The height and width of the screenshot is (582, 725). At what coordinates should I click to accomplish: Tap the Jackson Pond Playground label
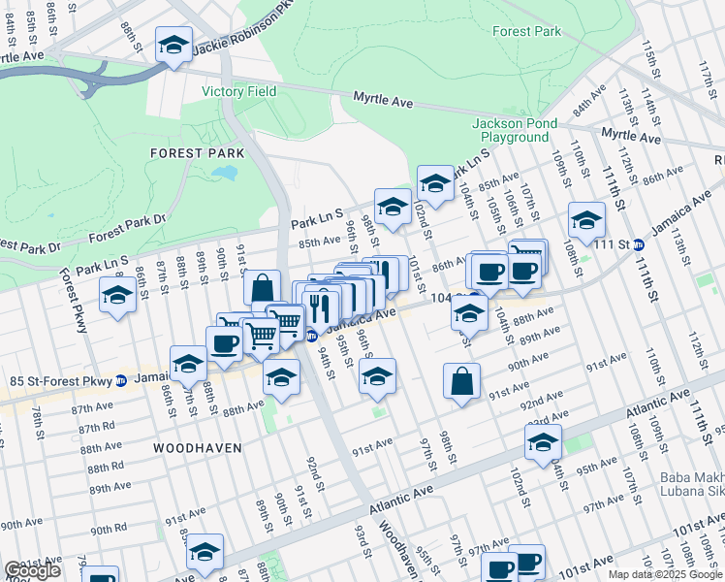[x=515, y=131]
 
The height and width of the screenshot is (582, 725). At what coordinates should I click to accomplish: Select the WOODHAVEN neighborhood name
[x=197, y=448]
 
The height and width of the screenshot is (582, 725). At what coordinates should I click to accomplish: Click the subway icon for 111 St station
[x=639, y=244]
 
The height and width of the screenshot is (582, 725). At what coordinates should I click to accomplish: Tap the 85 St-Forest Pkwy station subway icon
[x=120, y=379]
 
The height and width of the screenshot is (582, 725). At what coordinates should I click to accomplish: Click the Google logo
[x=32, y=570]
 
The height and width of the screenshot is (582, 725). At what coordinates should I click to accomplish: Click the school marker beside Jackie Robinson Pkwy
[x=174, y=47]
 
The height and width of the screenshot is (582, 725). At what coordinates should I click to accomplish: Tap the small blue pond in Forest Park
[x=225, y=174]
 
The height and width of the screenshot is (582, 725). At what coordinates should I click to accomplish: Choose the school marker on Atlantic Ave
[x=544, y=442]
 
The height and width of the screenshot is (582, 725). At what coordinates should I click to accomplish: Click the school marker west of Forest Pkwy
[x=118, y=294]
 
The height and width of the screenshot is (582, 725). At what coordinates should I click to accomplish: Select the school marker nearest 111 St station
[x=586, y=220]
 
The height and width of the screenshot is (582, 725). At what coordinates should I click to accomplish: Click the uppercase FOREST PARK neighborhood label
[x=190, y=153]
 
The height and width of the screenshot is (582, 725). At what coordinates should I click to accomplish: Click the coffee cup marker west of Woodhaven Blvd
[x=225, y=343]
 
